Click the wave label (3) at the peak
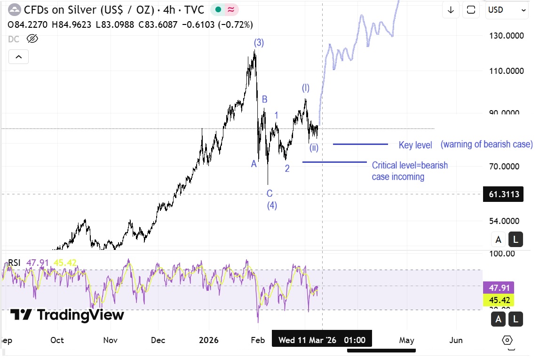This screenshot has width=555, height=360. coord(259,43)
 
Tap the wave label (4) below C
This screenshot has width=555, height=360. coord(272,205)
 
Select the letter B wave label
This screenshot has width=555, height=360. coord(265,99)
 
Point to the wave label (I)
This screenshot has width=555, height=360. coord(306,88)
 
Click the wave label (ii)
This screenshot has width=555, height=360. coord(314,148)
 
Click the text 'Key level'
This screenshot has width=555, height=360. coord(415,145)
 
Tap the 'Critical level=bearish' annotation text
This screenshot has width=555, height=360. coord(410,165)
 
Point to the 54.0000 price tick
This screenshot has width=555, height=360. coord(506,221)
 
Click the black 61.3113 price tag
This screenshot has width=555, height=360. coord(503,194)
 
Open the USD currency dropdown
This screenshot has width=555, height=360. coord(507,10)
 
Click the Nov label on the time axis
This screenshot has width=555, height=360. coord(110,340)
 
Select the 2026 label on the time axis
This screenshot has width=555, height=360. coord(209,340)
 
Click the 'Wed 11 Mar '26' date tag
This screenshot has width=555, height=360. coord(307,340)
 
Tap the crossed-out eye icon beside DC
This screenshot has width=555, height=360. coord(32,39)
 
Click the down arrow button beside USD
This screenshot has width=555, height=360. coord(451,10)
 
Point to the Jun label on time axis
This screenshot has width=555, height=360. coord(456,340)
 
